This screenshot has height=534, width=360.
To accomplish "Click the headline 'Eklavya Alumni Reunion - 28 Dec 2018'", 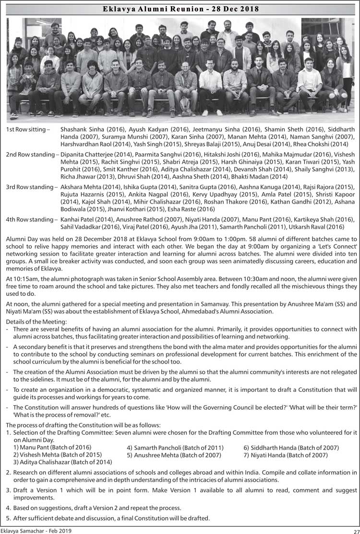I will [180, 9].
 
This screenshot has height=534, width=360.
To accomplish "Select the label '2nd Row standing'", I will [31, 155].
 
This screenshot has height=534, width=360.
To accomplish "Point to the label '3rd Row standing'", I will [30, 187].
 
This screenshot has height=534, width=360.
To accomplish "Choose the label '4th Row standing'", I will [30, 219].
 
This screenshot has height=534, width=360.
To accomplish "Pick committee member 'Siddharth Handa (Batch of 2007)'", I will [291, 448].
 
